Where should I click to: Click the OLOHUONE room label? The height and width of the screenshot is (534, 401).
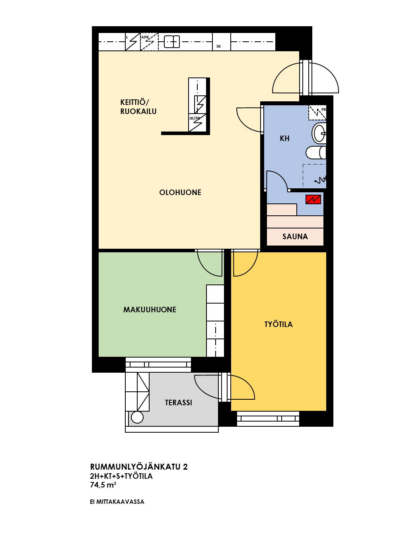180,192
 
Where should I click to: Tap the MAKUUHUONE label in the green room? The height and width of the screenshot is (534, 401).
150,310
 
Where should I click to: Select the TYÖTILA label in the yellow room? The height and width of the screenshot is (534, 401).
278,324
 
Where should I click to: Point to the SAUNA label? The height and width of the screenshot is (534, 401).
295,236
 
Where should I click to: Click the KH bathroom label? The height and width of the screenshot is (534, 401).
284,138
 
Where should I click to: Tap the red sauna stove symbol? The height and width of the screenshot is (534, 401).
313,199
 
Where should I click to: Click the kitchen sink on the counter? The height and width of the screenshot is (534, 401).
172,42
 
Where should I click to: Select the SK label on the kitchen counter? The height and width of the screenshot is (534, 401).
218,46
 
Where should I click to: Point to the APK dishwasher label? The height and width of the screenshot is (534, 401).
145,37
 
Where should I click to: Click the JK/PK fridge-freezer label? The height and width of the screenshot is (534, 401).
195,118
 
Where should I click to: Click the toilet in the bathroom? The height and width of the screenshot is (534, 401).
316,153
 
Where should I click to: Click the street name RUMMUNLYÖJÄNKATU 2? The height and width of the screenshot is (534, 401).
139,467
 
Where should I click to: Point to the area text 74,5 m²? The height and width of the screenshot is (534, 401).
103,485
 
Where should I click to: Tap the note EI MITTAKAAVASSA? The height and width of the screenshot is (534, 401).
117,502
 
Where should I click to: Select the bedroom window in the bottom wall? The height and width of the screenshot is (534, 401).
158,364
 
